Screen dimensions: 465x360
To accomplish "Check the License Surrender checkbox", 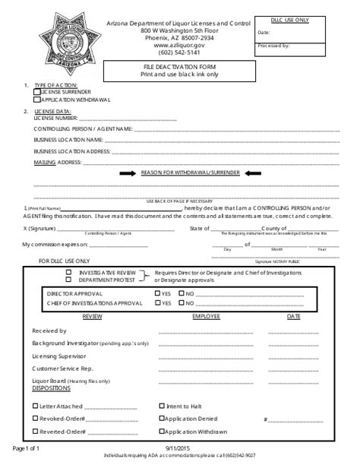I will click(x=36, y=91).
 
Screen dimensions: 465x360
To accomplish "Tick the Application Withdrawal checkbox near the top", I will click(x=36, y=99).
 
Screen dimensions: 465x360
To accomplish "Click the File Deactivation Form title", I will click(x=180, y=68).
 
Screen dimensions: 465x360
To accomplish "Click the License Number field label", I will click(x=55, y=119).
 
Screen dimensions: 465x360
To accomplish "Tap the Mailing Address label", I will click(x=56, y=163).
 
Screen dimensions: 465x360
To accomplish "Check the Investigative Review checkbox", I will click(x=68, y=272).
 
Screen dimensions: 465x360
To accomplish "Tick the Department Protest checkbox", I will click(x=68, y=279).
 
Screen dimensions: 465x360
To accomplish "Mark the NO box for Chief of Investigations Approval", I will click(x=182, y=303).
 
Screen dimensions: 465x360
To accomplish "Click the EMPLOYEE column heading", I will click(x=206, y=315).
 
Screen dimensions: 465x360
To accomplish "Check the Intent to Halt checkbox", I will click(x=162, y=406).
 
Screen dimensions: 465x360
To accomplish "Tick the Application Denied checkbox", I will click(x=162, y=419).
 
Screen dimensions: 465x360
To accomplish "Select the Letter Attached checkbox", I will click(x=35, y=406).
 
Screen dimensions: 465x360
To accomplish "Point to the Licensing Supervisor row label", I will click(x=59, y=356).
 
